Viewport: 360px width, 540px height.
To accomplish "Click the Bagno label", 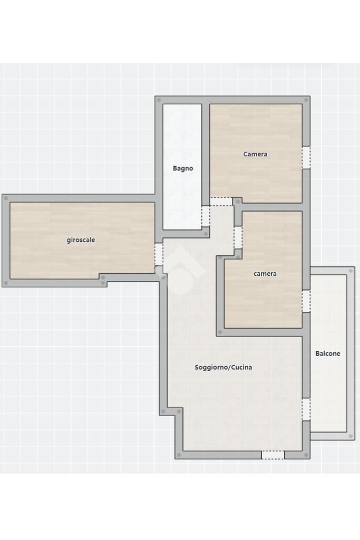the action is pyautogui.click(x=183, y=169).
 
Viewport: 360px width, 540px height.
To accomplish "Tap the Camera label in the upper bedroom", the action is pyautogui.click(x=255, y=155).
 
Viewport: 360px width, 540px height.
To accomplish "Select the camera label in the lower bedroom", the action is pyautogui.click(x=265, y=274).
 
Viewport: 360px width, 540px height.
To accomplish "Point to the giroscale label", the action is pyautogui.click(x=81, y=240).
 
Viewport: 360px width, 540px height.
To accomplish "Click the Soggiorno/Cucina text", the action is pyautogui.click(x=223, y=368).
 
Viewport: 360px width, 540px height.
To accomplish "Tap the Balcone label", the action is pyautogui.click(x=328, y=354).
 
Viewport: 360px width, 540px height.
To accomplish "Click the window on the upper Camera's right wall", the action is pyautogui.click(x=306, y=158).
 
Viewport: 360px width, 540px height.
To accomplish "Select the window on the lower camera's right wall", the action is pyautogui.click(x=306, y=301).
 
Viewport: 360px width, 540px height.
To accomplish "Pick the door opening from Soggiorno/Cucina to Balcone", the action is pyautogui.click(x=306, y=409).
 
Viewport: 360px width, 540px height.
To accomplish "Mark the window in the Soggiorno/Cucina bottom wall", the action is pyautogui.click(x=273, y=455).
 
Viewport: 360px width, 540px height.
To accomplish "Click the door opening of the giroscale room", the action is pyautogui.click(x=159, y=255).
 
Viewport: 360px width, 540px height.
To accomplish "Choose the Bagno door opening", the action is pyautogui.click(x=206, y=216).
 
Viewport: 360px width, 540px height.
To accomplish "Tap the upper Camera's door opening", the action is pyautogui.click(x=221, y=201).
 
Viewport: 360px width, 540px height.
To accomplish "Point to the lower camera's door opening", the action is pyautogui.click(x=238, y=238).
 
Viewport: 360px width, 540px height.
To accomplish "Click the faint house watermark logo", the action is pyautogui.click(x=181, y=271).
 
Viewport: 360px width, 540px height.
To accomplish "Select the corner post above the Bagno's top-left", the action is pyautogui.click(x=159, y=100).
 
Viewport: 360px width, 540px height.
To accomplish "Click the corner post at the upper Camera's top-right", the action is pyautogui.click(x=306, y=100).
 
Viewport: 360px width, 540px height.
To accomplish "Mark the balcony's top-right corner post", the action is pyautogui.click(x=351, y=271).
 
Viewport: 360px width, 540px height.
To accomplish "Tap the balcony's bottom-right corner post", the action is pyautogui.click(x=351, y=436).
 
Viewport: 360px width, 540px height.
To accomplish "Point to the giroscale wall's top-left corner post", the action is pyautogui.click(x=6, y=198).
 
